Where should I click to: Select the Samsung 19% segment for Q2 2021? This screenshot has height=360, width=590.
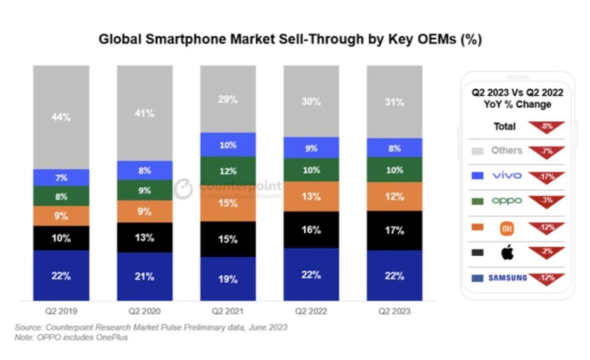coord(228,279)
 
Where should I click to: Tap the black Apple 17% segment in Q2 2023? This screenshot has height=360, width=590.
coord(394,230)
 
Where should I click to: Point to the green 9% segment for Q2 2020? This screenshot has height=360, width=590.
coord(145,190)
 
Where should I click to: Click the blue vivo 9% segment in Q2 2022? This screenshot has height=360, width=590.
coord(311,148)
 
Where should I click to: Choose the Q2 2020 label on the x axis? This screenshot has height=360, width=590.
coord(145,311)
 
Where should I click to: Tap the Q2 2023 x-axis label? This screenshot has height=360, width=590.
coord(394,311)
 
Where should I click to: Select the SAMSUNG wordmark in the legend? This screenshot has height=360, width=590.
coord(507,278)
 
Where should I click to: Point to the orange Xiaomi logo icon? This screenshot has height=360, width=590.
coord(507,228)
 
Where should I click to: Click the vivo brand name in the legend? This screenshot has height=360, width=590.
coord(507,176)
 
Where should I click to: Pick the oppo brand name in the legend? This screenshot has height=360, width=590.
coord(507,201)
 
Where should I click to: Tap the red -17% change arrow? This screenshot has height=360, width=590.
coord(547,177)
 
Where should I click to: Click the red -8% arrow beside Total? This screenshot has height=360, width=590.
coord(547,127)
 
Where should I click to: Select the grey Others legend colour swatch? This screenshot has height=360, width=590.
coord(477,151)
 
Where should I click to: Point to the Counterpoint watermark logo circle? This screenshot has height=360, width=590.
coord(183,189)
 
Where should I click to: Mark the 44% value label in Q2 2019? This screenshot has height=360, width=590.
coord(61,117)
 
